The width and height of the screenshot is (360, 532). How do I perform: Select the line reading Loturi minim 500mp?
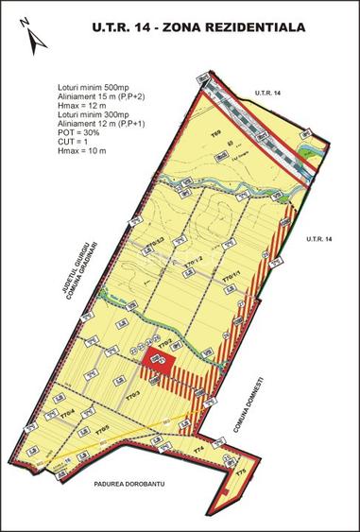95,86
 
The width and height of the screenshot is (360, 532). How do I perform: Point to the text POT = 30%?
78,131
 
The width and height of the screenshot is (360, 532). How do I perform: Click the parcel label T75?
240,470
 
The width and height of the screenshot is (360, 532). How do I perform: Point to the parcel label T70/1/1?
231,276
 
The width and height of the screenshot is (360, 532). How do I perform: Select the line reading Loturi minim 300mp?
95,113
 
